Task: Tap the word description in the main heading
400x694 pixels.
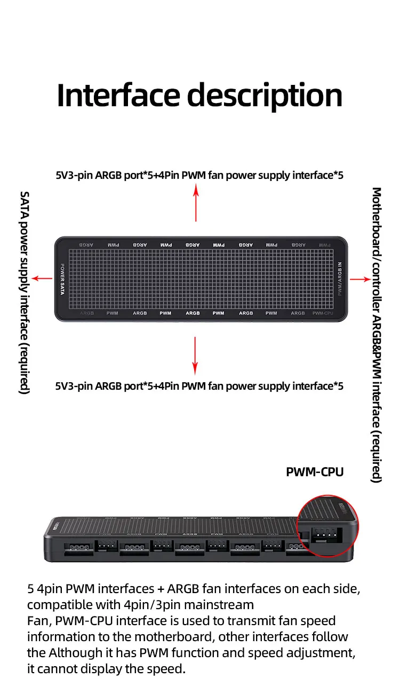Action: (x=265, y=96)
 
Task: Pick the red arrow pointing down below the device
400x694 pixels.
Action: (x=195, y=355)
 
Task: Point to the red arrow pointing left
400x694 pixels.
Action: (x=42, y=278)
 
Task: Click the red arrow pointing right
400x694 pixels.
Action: (x=359, y=279)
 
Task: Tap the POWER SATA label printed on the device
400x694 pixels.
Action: (x=62, y=279)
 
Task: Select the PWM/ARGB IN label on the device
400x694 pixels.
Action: (x=340, y=278)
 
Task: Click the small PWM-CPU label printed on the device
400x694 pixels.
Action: (x=322, y=313)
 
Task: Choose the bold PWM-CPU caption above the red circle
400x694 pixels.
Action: (x=315, y=472)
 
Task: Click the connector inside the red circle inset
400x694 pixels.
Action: (x=323, y=532)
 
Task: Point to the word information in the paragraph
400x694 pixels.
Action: (x=59, y=636)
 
